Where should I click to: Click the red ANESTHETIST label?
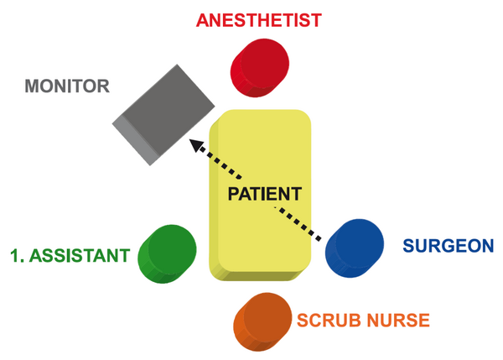point(259,20)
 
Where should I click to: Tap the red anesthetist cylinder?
point(260,68)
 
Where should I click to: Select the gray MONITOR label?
point(67,86)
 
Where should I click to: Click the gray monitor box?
point(163,115)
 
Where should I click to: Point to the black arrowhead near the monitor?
point(196,145)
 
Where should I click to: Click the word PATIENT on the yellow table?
point(265,194)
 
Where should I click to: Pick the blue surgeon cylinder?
point(355,248)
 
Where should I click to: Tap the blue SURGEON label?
point(449,246)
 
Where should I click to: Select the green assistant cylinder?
point(167,253)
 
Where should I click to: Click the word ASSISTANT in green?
point(80,256)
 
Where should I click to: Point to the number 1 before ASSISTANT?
point(15,256)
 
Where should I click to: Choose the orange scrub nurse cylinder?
point(262,321)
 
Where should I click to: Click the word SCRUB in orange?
point(329,321)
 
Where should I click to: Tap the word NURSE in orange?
point(398,321)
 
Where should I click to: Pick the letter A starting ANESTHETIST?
point(204,20)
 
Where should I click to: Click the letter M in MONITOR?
point(33,86)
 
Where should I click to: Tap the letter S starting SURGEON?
point(409,246)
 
